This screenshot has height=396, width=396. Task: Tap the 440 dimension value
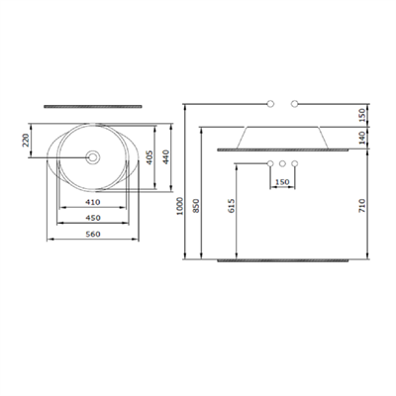pos(167,157)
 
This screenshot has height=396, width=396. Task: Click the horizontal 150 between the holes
pos(282,182)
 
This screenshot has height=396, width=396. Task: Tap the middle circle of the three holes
pos(282,162)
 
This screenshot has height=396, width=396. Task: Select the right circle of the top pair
pos(294,103)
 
